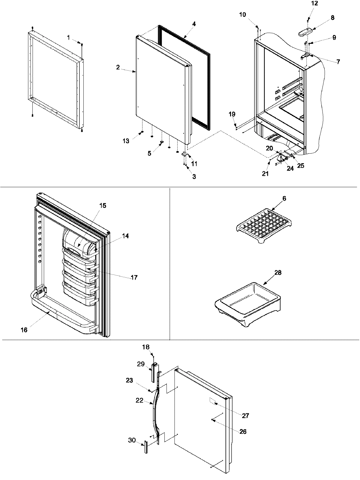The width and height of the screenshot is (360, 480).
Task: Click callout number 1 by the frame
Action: (x=69, y=38)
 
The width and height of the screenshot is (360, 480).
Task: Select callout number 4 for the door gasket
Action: (x=194, y=24)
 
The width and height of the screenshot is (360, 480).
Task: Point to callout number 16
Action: (x=24, y=330)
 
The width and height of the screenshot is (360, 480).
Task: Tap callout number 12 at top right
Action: (x=314, y=4)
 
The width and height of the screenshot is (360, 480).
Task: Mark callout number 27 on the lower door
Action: (x=246, y=415)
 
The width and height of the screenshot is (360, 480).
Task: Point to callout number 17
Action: (x=134, y=277)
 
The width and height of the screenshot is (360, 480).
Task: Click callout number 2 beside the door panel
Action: (x=118, y=67)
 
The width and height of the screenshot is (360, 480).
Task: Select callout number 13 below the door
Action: (x=126, y=141)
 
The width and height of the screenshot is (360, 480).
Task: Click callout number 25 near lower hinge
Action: (x=300, y=165)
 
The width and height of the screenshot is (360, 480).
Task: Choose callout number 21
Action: (x=265, y=174)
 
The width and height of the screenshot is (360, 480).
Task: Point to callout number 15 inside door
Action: (x=103, y=206)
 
